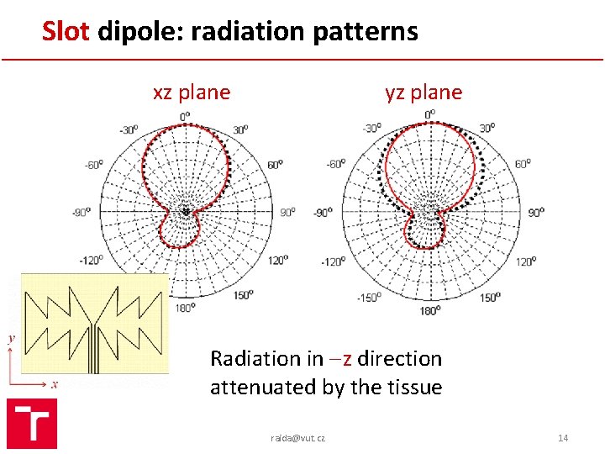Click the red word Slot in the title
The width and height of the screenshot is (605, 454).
68,32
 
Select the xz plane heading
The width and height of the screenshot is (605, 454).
192,92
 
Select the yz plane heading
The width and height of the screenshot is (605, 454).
423,92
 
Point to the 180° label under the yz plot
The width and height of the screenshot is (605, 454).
429,311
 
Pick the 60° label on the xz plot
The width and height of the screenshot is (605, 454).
276,166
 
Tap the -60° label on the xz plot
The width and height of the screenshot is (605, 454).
94,166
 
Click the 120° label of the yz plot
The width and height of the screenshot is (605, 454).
526,261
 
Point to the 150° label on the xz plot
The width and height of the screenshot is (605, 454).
245,295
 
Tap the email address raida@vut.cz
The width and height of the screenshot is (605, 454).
298,438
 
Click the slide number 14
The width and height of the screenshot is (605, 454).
563,438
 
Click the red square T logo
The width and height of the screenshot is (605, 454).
32,424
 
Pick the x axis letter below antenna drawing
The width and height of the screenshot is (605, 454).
55,383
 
